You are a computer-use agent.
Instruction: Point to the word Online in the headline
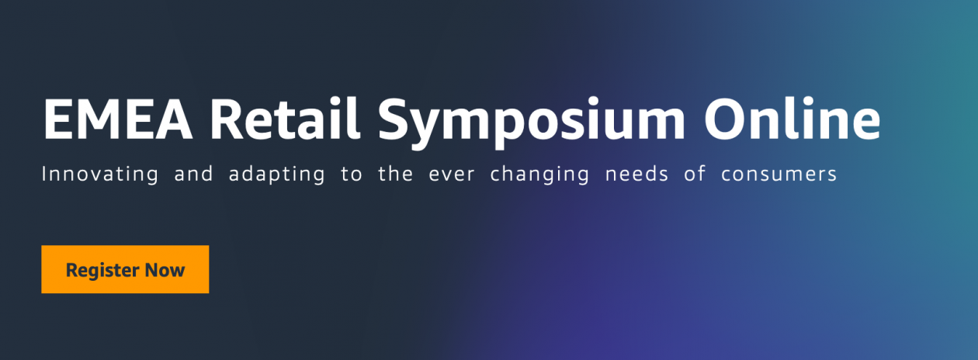[x=792, y=120]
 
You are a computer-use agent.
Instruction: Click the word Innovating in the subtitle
[x=99, y=174]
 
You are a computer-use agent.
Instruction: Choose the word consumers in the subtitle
[x=779, y=175]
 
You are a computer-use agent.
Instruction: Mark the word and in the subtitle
[x=193, y=174]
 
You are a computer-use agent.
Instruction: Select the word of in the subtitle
[x=695, y=174]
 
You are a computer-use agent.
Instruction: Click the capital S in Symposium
[x=397, y=120]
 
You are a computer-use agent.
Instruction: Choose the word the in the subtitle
[x=395, y=174]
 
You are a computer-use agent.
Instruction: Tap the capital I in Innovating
[x=43, y=174]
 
